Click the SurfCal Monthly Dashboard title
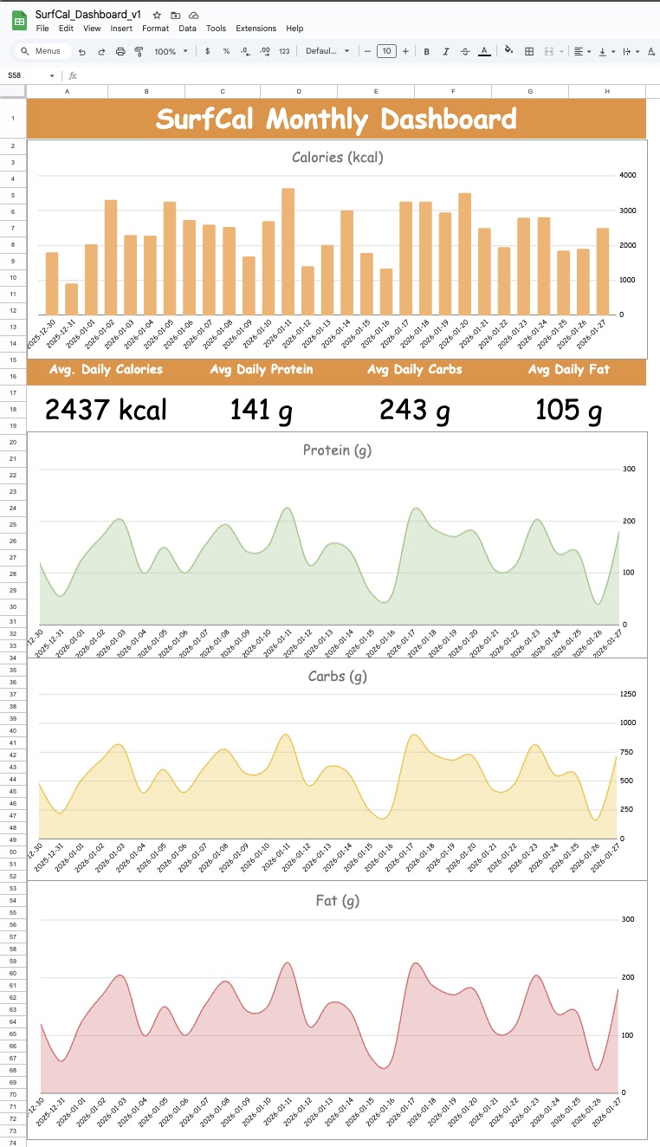pyautogui.click(x=336, y=120)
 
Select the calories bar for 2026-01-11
pyautogui.click(x=288, y=251)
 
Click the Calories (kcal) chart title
pyautogui.click(x=337, y=158)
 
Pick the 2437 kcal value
pyautogui.click(x=106, y=410)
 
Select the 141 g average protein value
pyautogui.click(x=261, y=410)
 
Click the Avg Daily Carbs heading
pyautogui.click(x=414, y=370)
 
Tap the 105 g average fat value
pyautogui.click(x=568, y=410)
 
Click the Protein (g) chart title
pyautogui.click(x=337, y=450)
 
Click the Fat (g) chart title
pyautogui.click(x=337, y=901)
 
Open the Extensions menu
pyautogui.click(x=256, y=29)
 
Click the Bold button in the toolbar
pyautogui.click(x=427, y=52)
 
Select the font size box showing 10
pyautogui.click(x=386, y=52)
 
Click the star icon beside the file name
pyautogui.click(x=157, y=16)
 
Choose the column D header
pyautogui.click(x=299, y=91)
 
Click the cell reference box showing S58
pyautogui.click(x=26, y=75)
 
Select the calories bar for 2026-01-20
pyautogui.click(x=465, y=254)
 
